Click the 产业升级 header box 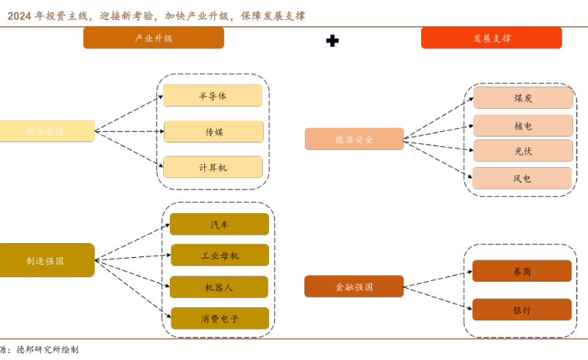pos(154,38)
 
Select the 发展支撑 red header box pos(491,38)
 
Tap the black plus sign pos(332,40)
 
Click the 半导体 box pos(212,95)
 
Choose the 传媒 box pos(214,132)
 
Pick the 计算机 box pos(213,167)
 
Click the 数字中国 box pos(46,131)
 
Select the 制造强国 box pos(46,260)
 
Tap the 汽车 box pos(219,224)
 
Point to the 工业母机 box pos(220,255)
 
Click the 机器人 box pos(219,287)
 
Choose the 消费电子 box pos(220,318)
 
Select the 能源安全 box pos(354,139)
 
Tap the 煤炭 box pos(523,98)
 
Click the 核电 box pos(523,126)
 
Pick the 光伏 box pos(523,151)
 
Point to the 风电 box pos(522,178)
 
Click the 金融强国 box pos(354,286)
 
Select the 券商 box pos(522,271)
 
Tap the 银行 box pos(522,309)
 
